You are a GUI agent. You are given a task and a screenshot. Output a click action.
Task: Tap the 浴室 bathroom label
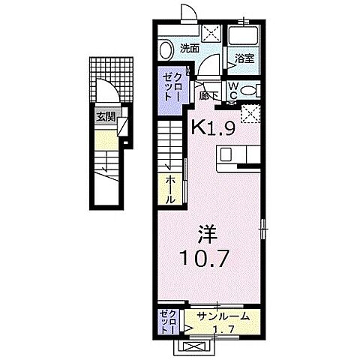click(x=244, y=58)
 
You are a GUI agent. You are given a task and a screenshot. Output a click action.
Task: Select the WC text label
click(x=233, y=90)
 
